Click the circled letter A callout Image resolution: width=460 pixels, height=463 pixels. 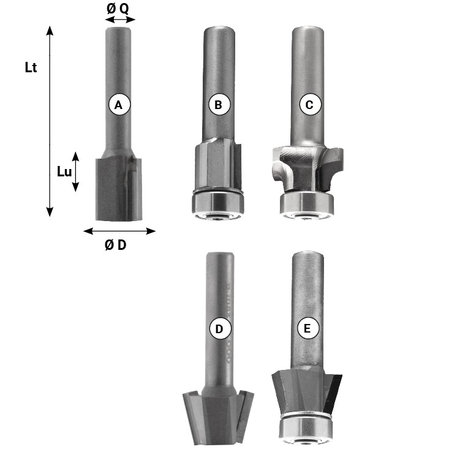(119, 105)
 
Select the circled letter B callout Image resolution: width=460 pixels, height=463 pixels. (219, 105)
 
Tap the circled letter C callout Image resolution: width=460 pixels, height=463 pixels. (310, 105)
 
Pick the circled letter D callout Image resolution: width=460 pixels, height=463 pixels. (220, 328)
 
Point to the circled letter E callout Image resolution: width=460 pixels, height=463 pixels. (307, 328)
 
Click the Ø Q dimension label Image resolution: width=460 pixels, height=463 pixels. (118, 9)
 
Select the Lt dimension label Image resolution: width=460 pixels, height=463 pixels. (31, 67)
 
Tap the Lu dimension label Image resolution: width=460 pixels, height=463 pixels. (64, 171)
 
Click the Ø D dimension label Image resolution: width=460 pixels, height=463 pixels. (115, 245)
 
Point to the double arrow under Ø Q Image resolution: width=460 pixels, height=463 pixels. (120, 20)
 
